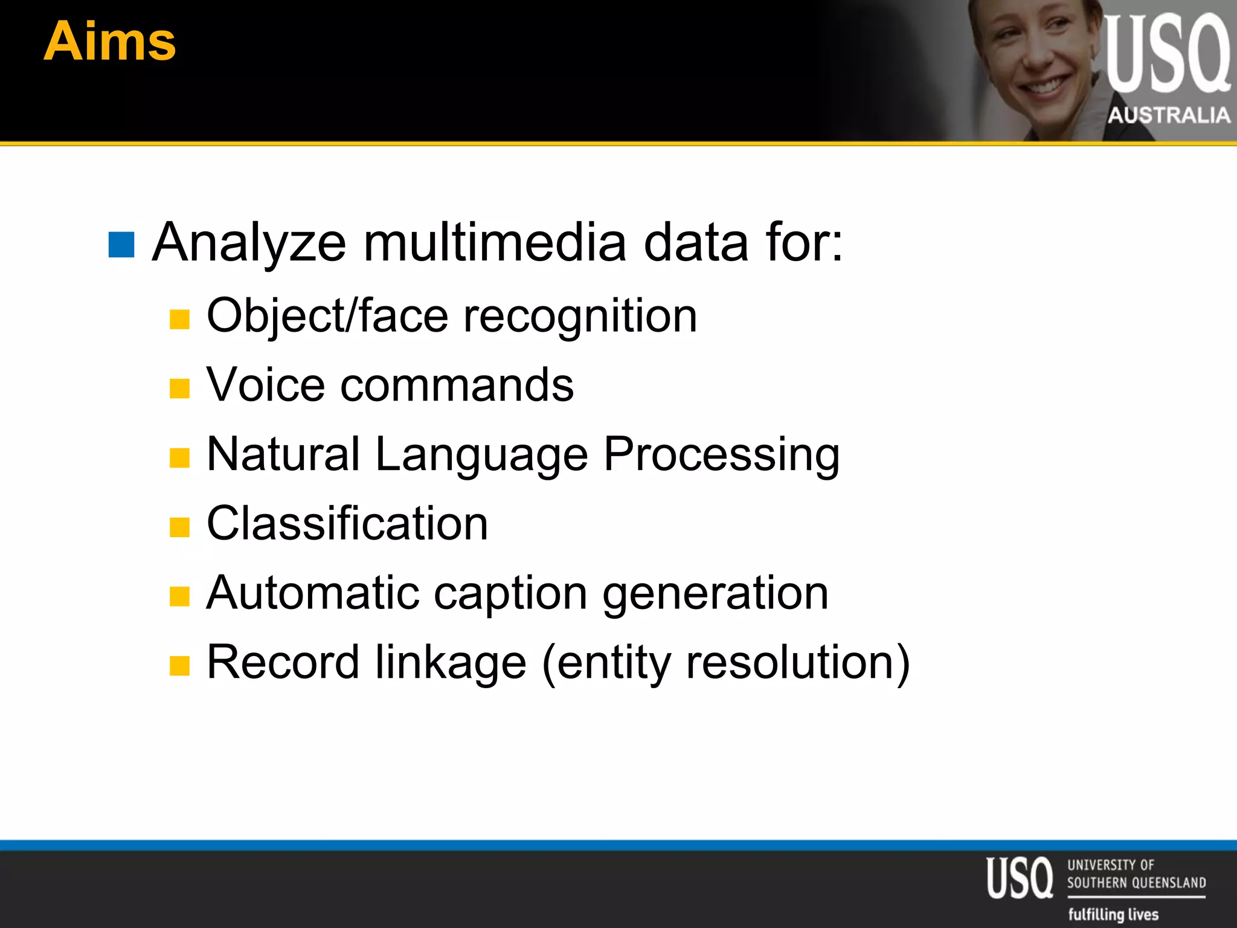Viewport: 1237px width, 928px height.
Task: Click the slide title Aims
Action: (110, 41)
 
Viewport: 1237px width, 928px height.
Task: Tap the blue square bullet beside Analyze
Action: (121, 244)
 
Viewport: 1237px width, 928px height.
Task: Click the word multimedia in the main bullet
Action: (495, 243)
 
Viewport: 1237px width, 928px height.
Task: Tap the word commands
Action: (457, 385)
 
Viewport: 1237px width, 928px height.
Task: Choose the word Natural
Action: (283, 454)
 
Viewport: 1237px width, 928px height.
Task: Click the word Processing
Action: (722, 456)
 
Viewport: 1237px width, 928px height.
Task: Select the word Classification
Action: (347, 524)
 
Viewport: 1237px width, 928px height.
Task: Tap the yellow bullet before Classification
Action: (179, 527)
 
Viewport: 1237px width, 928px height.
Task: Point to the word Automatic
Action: (313, 593)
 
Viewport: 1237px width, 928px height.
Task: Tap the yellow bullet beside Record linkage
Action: (179, 666)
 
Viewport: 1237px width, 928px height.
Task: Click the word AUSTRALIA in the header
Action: (1169, 115)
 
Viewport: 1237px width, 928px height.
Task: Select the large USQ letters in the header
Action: (1167, 54)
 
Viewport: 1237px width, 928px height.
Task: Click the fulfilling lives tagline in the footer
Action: (1113, 914)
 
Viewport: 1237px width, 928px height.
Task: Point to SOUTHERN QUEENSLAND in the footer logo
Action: (1136, 883)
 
